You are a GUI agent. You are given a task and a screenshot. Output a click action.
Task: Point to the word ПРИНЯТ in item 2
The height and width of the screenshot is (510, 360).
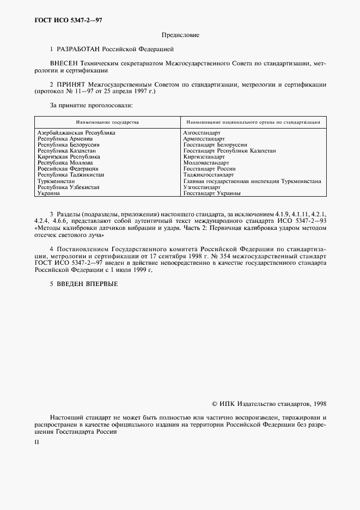tap(74, 85)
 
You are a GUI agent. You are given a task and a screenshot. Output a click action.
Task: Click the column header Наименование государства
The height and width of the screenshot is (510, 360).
tap(107, 122)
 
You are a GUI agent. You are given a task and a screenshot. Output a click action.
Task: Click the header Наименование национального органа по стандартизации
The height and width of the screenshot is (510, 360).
tap(253, 122)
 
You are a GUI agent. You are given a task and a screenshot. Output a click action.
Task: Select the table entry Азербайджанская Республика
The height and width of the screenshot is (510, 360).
tap(76, 132)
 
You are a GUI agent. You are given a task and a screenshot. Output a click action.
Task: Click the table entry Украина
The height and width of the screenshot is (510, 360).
tap(49, 193)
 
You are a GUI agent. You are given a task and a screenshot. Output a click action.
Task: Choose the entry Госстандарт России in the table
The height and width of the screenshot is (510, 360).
tap(210, 169)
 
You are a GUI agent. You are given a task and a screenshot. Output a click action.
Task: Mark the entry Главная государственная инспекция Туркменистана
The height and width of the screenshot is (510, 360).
tap(252, 181)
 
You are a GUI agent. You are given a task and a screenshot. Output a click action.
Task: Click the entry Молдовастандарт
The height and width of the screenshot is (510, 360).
tap(206, 162)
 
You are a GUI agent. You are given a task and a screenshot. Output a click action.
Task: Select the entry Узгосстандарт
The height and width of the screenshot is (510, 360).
tap(202, 187)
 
